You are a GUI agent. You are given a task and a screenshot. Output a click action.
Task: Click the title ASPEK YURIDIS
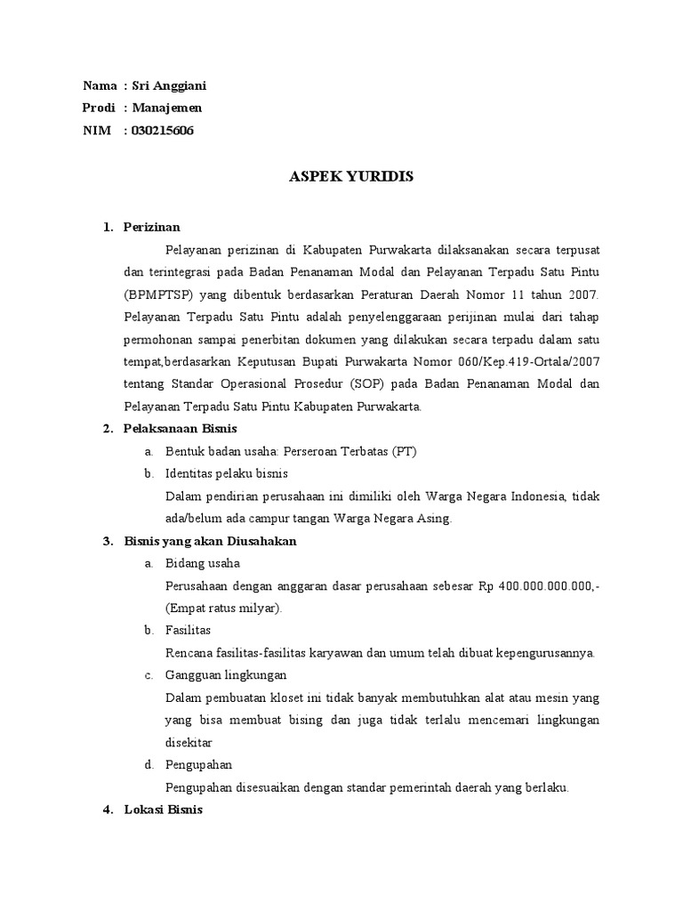(x=351, y=177)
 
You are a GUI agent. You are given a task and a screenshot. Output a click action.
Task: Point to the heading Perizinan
(x=151, y=227)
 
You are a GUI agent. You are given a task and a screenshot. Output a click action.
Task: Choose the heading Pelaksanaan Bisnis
(x=174, y=428)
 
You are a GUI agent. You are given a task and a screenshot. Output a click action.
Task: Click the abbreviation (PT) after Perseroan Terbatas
(x=404, y=451)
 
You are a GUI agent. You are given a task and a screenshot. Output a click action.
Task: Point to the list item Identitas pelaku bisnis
(x=227, y=473)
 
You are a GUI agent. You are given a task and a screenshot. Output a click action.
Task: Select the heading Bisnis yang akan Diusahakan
(x=210, y=541)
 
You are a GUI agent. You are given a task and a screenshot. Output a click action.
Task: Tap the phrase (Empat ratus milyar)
(x=223, y=608)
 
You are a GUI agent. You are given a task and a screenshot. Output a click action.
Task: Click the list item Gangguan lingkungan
(x=218, y=675)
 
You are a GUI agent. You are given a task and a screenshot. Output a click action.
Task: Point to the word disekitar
(x=189, y=742)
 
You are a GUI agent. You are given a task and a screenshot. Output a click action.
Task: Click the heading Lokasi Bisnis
(x=164, y=810)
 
